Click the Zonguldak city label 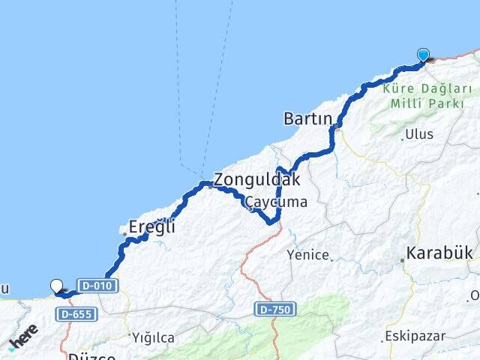[256, 180]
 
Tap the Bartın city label [307, 118]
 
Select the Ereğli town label [151, 226]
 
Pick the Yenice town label [308, 255]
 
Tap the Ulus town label [419, 135]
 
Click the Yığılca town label [154, 337]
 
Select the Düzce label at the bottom [91, 356]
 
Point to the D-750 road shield [275, 309]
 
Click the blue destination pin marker [423, 54]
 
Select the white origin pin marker [57, 284]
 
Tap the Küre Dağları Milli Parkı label [422, 97]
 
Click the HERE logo [23, 337]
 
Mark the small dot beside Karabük [403, 260]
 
